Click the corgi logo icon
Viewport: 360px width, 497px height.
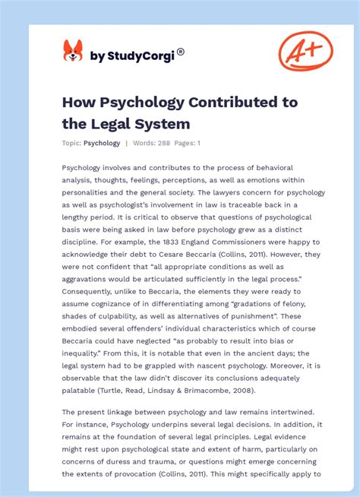click(x=72, y=51)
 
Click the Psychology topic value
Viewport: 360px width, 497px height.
click(x=102, y=143)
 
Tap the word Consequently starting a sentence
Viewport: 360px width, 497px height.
click(x=94, y=291)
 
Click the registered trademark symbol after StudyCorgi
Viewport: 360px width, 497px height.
click(x=181, y=52)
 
